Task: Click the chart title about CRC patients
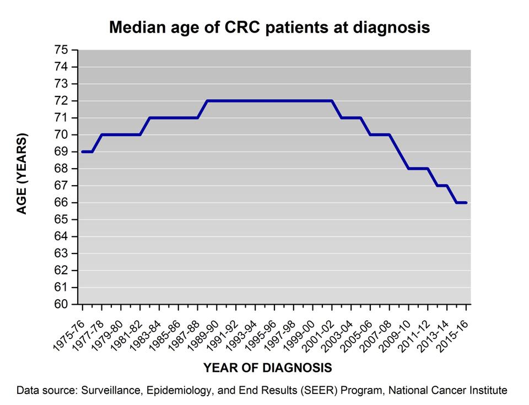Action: click(269, 27)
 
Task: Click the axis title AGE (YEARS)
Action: click(22, 174)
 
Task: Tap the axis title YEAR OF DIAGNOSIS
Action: click(267, 368)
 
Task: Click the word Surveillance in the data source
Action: click(107, 391)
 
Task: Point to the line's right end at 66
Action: click(467, 203)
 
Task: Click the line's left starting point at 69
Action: click(82, 152)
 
